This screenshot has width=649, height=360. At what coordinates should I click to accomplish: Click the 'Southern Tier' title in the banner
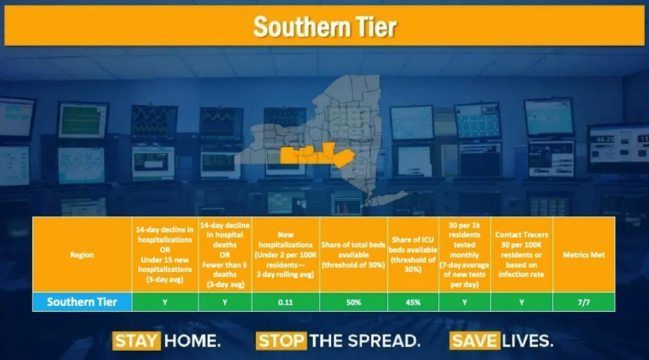324,27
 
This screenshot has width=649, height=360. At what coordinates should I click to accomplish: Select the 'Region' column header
82,255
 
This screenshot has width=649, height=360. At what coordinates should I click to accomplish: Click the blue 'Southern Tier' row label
82,302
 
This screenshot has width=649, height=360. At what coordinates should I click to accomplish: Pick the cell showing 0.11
285,302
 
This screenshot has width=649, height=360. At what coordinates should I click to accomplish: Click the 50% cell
353,302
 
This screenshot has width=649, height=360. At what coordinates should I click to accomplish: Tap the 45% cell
413,302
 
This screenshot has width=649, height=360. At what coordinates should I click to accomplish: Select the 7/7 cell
583,302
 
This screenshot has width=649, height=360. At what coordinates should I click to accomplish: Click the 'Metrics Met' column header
583,255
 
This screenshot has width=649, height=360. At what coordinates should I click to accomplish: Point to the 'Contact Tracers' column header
521,255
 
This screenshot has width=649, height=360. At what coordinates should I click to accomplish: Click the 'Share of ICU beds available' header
413,255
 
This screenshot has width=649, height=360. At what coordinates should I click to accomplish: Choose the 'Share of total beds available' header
353,255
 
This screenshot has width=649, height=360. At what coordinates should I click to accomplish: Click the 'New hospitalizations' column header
285,255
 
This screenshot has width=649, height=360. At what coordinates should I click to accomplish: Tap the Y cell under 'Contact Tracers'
521,302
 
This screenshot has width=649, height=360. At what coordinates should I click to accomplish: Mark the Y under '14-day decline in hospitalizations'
165,302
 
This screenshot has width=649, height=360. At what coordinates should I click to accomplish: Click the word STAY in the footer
136,341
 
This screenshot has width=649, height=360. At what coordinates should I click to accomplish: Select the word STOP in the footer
281,341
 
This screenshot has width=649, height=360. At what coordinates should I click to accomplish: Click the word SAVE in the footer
474,341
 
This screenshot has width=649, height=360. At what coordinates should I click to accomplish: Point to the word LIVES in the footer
527,341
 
